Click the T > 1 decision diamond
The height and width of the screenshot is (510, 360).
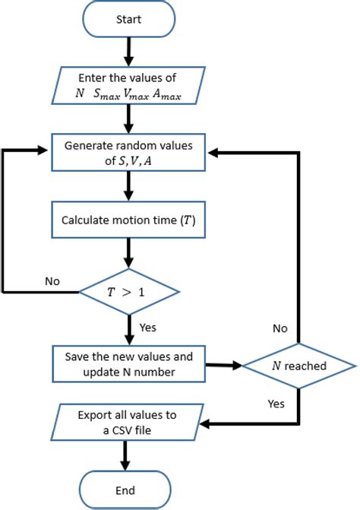[x=130, y=290]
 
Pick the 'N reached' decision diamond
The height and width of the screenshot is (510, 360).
[x=298, y=366]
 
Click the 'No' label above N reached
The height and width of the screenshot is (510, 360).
[x=281, y=328]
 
